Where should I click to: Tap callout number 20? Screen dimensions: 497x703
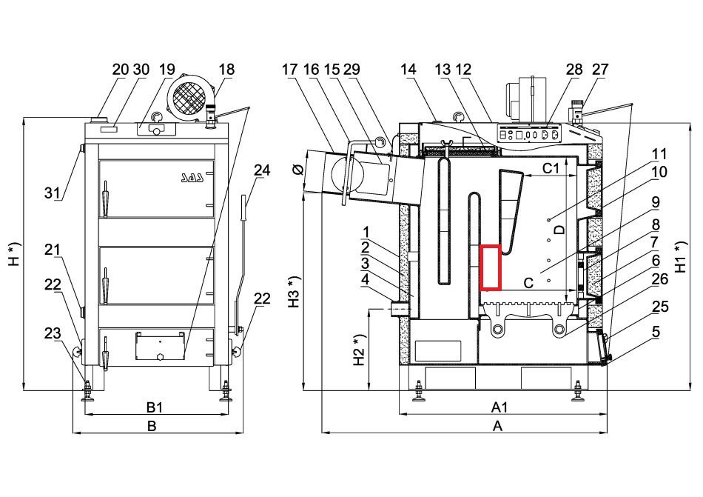click(121, 70)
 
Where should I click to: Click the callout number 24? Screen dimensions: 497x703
click(262, 170)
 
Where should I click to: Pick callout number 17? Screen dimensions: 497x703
click(289, 70)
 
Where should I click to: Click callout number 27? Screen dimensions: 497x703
click(600, 70)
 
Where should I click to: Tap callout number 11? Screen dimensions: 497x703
click(659, 154)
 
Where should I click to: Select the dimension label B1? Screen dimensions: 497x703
click(154, 407)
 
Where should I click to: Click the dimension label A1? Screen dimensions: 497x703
click(499, 407)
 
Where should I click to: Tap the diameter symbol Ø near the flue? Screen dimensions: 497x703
click(297, 170)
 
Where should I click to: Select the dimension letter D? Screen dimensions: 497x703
click(559, 230)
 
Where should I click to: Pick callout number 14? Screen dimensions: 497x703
click(408, 70)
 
